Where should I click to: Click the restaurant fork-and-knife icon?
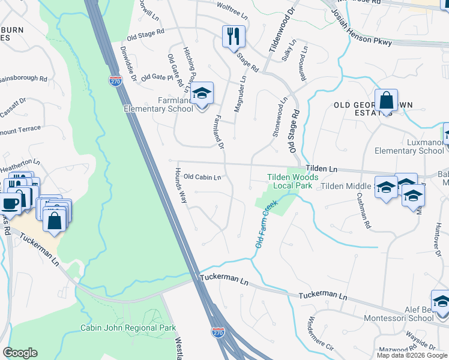coord(233,36)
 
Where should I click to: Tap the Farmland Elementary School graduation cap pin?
coord(202,92)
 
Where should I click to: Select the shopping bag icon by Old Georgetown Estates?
coord(387,100)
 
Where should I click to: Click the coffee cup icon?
coord(10,202)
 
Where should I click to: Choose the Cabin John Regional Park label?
coord(128,328)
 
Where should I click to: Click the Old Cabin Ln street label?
coord(202,177)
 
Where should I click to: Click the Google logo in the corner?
coord(20,353)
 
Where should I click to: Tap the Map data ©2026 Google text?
coord(412,355)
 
